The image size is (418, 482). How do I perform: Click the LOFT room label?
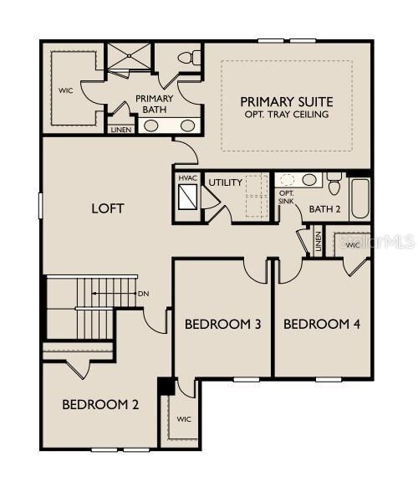[x=108, y=208]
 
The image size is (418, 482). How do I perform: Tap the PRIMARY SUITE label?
[x=287, y=100]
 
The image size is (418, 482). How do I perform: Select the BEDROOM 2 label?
[x=100, y=405]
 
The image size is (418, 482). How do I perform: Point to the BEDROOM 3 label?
[x=222, y=324]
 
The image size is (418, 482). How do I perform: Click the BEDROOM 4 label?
[x=322, y=324]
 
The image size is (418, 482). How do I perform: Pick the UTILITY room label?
[x=225, y=182]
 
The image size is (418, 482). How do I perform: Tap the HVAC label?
[x=187, y=177]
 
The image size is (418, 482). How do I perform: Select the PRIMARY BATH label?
[x=154, y=104]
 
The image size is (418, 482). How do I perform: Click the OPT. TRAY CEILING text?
[x=287, y=114]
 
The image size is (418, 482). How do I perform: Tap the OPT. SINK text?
[x=286, y=197]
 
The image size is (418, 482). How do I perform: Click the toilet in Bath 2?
[x=334, y=182]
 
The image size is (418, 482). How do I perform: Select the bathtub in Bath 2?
[x=360, y=197]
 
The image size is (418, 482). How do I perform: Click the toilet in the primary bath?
[x=188, y=57]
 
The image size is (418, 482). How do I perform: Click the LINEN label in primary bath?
[x=120, y=130]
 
